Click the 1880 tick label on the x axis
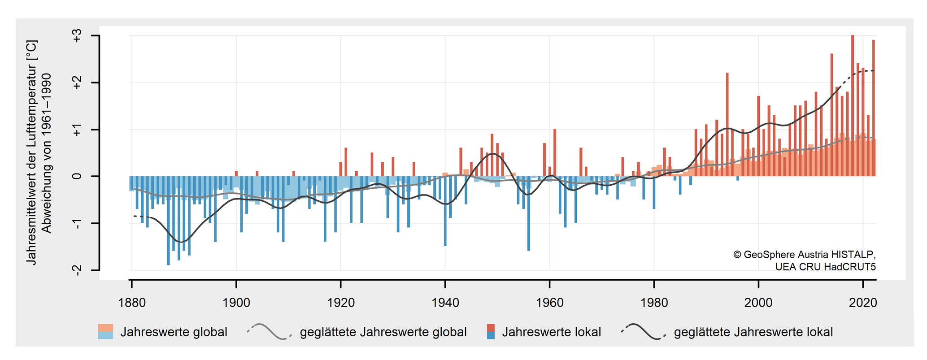131,303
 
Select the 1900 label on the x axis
236,303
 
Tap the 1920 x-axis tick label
341,303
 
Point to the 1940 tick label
445,303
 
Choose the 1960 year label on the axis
550,303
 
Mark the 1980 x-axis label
654,303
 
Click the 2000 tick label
758,303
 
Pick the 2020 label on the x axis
863,303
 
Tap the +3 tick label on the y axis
77,36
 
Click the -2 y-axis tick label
77,270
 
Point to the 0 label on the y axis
77,176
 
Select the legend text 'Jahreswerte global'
174,332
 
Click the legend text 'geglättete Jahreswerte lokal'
753,332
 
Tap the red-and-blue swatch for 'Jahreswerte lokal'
491,332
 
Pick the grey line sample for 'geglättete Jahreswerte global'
269,332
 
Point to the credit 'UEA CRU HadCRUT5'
825,267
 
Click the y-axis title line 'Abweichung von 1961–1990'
47,153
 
